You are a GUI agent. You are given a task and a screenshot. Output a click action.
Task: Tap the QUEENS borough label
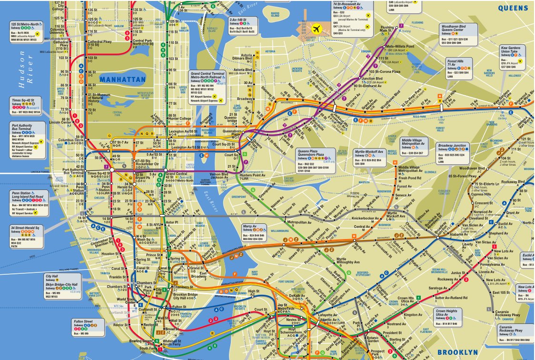click(513, 8)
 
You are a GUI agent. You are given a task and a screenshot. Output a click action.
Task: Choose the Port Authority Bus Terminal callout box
click(26, 140)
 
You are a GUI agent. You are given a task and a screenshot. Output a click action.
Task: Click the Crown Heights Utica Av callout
click(449, 317)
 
